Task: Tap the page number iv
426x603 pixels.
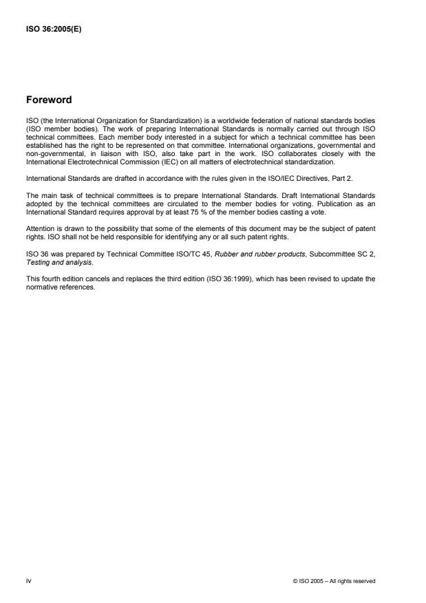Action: (28, 581)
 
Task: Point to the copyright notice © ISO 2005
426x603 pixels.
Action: (334, 582)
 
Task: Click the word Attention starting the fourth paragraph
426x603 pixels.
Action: (39, 226)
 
